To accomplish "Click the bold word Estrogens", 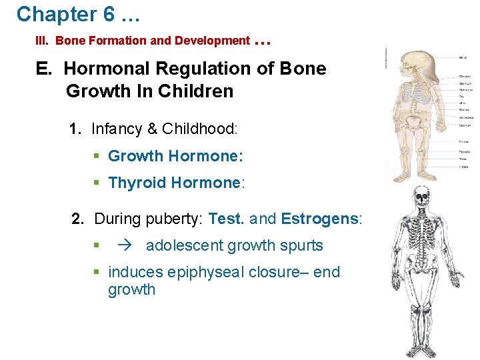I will point(319,219).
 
